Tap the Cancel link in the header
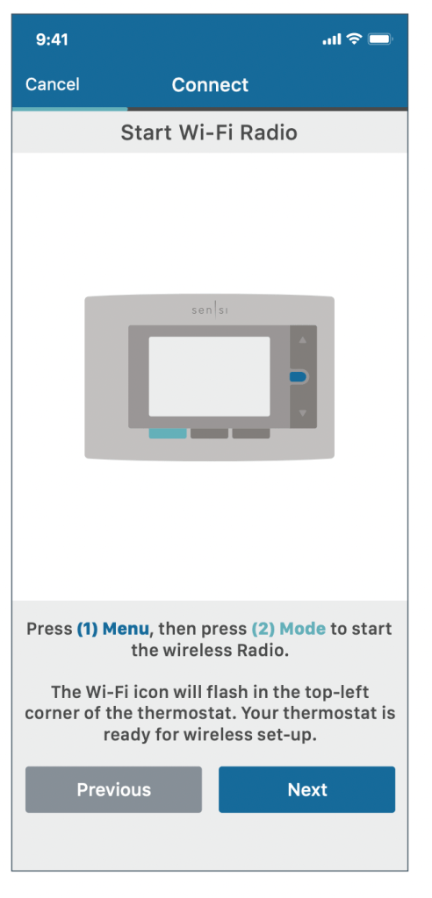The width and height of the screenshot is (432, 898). tap(52, 84)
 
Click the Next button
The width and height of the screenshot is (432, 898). tap(307, 789)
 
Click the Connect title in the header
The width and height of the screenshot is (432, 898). tap(210, 85)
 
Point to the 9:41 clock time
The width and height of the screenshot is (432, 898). tap(52, 39)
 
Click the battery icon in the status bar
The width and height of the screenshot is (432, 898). tap(380, 39)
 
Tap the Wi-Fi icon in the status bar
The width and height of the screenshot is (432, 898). tap(355, 39)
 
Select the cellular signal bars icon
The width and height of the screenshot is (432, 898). tap(332, 39)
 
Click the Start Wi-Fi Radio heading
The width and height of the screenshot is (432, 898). tap(209, 132)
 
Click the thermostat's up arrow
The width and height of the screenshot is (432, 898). tap(303, 340)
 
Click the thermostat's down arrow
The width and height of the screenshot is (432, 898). tap(303, 413)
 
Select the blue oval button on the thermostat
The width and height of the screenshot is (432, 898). tap(299, 376)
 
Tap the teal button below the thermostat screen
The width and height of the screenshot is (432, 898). tap(168, 433)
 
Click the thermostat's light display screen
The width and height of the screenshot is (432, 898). tap(209, 376)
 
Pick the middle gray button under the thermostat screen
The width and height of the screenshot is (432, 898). tap(209, 433)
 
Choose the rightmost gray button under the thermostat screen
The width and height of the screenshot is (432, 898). tap(251, 433)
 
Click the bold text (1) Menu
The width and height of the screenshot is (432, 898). tap(113, 629)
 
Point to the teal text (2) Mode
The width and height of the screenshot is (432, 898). tap(289, 629)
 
